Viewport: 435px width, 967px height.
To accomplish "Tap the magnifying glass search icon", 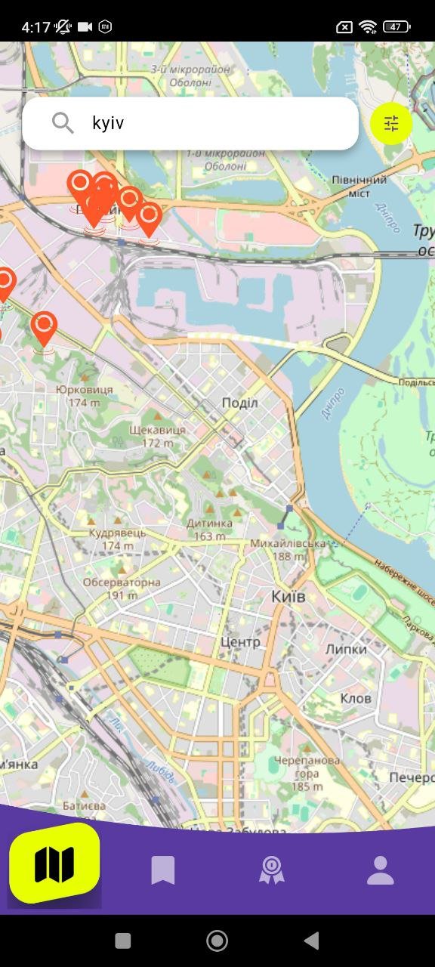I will pos(63,123).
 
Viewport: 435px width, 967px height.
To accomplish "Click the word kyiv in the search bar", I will pos(108,123).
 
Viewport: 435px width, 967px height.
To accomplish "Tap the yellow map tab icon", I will pos(54,864).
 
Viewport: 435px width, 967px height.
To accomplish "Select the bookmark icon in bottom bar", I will pos(162,870).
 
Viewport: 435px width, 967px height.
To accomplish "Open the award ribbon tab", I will pos(271,870).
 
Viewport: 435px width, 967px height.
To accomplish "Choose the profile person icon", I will pos(381,870).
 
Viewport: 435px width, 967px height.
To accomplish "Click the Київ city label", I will pos(288,597).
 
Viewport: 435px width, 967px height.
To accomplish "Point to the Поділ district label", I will pos(239,403).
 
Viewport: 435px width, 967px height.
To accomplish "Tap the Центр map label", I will pos(240,642).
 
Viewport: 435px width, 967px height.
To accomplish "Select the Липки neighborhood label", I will pos(346,649).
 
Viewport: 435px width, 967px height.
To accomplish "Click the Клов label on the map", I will pos(356,698).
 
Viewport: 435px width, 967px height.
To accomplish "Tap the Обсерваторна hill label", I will pos(122,583).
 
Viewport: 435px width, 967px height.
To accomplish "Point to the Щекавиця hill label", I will pos(157,430).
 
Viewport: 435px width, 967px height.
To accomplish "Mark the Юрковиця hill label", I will pos(84,390).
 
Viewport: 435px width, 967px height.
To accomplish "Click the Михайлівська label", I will pos(288,544).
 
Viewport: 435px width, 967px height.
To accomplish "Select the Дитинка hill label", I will pos(209,524).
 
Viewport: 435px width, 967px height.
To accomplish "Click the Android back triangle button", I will pos(310,941).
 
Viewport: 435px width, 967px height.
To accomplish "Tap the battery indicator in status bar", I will pos(397,27).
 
